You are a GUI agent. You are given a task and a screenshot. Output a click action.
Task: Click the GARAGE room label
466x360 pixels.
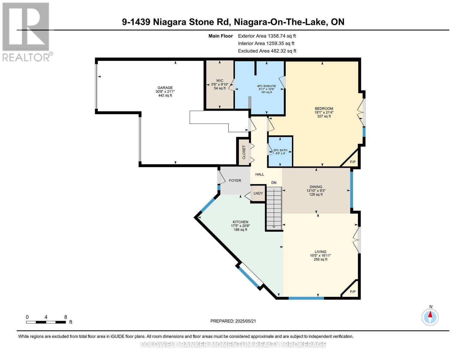pyautogui.click(x=165, y=88)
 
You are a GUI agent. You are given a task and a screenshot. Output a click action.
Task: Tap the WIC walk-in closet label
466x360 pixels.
pyautogui.click(x=220, y=81)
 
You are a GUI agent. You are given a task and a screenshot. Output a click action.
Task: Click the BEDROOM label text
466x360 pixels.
pyautogui.click(x=324, y=109)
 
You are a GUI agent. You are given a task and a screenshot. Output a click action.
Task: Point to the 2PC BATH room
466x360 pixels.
pyautogui.click(x=280, y=151)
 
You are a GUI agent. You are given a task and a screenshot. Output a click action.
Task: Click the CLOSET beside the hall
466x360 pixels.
pyautogui.click(x=244, y=152)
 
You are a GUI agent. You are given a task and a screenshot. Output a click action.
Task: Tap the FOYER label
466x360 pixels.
pyautogui.click(x=235, y=181)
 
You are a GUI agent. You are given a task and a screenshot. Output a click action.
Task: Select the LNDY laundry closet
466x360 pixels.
pyautogui.click(x=258, y=193)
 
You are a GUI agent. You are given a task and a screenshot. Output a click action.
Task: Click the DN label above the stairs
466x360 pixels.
pyautogui.click(x=274, y=183)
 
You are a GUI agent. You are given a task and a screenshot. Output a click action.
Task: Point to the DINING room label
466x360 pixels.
pyautogui.click(x=316, y=187)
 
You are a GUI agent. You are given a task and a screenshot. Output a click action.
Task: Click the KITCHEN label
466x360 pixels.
pyautogui.click(x=240, y=222)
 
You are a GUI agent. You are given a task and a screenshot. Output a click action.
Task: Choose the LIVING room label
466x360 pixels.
pyautogui.click(x=320, y=252)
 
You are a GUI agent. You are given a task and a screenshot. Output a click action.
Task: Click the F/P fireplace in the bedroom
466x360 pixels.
pyautogui.click(x=353, y=162)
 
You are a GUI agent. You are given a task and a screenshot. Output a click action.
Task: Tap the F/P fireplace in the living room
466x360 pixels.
pyautogui.click(x=353, y=292)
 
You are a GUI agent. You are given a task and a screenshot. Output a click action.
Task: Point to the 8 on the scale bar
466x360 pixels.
pyautogui.click(x=65, y=317)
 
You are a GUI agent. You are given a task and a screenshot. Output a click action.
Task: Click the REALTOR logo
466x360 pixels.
pyautogui.click(x=26, y=31)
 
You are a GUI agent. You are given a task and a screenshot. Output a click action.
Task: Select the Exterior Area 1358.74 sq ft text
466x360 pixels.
pyautogui.click(x=267, y=36)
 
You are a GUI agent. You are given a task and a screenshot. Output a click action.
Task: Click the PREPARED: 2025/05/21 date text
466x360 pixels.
pyautogui.click(x=233, y=321)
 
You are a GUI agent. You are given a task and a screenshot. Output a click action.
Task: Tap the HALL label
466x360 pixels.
pyautogui.click(x=260, y=174)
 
